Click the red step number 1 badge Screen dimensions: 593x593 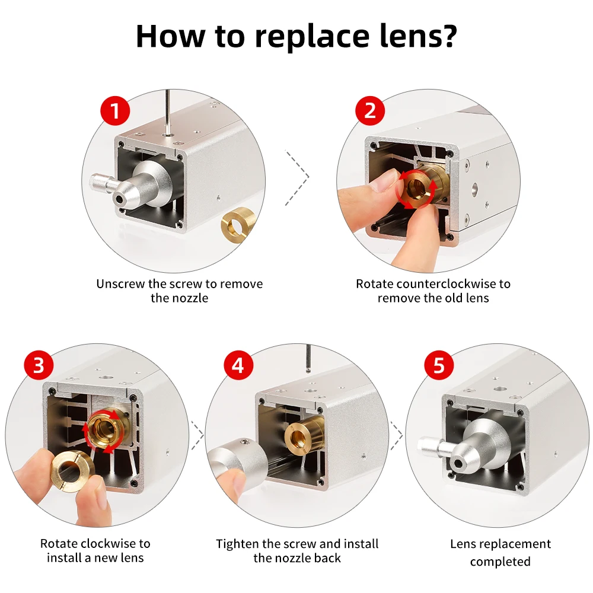[x=116, y=111]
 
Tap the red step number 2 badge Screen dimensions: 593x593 [x=370, y=111]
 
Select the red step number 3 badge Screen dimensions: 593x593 [x=39, y=365]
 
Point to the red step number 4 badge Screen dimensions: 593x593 [x=238, y=365]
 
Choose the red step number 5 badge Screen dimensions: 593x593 [x=439, y=365]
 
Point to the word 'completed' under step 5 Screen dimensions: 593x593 [x=500, y=561]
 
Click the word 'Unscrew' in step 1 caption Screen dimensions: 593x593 [x=120, y=283]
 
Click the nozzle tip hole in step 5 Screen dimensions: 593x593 [x=459, y=463]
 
